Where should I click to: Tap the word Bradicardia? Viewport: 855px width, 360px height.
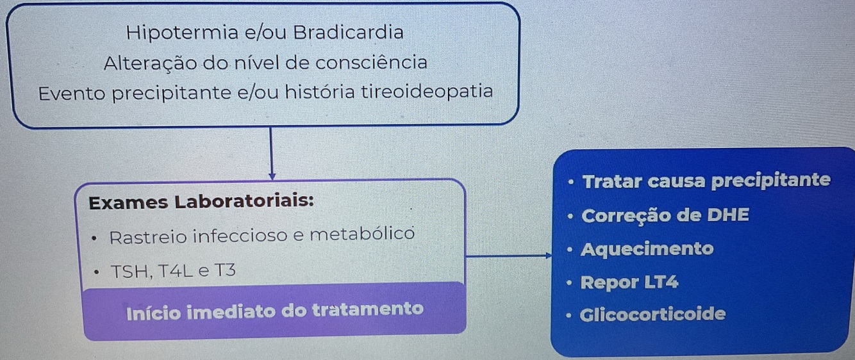pos(349,32)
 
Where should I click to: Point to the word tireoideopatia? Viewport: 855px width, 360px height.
pos(426,92)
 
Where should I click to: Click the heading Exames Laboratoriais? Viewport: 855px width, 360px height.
pos(201,202)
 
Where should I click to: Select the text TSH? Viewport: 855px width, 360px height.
pos(131,271)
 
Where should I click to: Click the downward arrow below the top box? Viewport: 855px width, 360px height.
pos(272,154)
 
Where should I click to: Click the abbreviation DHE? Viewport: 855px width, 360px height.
pos(727,215)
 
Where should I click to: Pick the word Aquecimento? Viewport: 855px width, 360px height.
pos(647,249)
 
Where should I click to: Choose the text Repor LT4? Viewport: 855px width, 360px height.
pos(629,282)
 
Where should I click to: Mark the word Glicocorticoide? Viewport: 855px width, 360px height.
pos(652,315)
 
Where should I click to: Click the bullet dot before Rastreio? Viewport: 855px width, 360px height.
pos(95,238)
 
